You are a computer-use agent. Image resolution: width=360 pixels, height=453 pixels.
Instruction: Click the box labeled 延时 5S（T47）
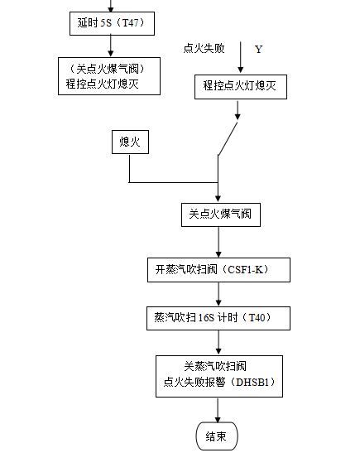tap(110, 23)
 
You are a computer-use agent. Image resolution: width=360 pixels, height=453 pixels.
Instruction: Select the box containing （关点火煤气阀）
tap(109, 75)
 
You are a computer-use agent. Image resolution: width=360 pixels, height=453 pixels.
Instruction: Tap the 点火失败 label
tap(204, 49)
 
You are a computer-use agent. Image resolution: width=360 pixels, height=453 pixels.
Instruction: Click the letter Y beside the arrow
tap(258, 50)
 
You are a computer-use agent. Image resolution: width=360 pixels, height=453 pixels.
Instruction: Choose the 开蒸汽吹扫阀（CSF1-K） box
tap(218, 270)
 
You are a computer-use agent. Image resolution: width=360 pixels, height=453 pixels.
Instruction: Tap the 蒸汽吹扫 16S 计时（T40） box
tap(218, 318)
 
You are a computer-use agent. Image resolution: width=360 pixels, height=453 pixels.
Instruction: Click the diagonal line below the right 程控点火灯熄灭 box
tap(228, 138)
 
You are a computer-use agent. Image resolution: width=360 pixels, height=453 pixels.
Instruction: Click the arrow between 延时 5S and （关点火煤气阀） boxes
tap(110, 46)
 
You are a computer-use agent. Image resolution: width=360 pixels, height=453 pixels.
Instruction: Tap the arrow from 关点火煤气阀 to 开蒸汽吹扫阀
tap(218, 242)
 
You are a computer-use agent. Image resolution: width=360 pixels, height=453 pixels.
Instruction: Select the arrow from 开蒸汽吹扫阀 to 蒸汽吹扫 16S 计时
tap(218, 294)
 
